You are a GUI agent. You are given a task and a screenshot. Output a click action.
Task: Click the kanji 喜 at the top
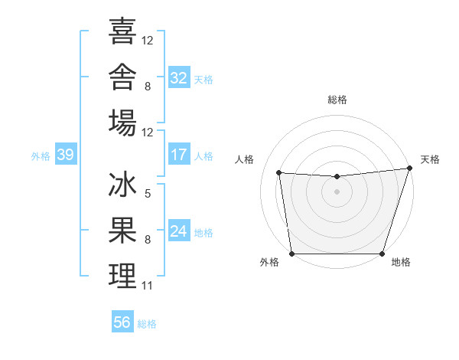tap(122, 31)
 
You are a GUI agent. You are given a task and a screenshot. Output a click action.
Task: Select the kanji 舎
tap(122, 77)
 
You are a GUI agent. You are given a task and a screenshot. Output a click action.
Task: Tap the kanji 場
tap(122, 123)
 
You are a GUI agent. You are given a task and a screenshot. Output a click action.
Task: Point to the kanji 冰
tap(122, 184)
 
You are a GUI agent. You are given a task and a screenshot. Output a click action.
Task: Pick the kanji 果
tap(122, 230)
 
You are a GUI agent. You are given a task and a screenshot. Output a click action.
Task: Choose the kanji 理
tap(122, 276)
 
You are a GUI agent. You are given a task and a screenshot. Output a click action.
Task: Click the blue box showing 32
tap(179, 77)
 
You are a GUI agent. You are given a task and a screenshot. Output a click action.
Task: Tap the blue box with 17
tap(179, 154)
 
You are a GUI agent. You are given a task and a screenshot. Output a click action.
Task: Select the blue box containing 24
tap(179, 230)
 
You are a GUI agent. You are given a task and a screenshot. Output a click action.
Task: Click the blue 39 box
tap(66, 154)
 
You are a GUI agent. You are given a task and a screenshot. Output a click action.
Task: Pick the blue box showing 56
tap(122, 321)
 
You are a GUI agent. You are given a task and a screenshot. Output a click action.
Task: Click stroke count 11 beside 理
tap(147, 286)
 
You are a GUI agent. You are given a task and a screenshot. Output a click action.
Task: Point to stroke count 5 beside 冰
tap(148, 194)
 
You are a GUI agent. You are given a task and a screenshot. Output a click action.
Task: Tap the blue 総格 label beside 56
tap(147, 324)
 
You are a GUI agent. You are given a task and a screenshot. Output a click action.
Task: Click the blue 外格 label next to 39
tap(41, 156)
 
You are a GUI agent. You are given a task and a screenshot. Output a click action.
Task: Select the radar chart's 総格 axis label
tap(337, 100)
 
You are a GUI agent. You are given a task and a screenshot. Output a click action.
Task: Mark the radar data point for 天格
tap(410, 168)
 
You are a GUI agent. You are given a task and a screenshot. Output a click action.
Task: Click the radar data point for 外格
tap(292, 254)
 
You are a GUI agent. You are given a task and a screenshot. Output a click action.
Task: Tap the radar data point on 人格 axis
tap(279, 172)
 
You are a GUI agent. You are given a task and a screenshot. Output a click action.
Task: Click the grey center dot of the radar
tap(337, 191)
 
